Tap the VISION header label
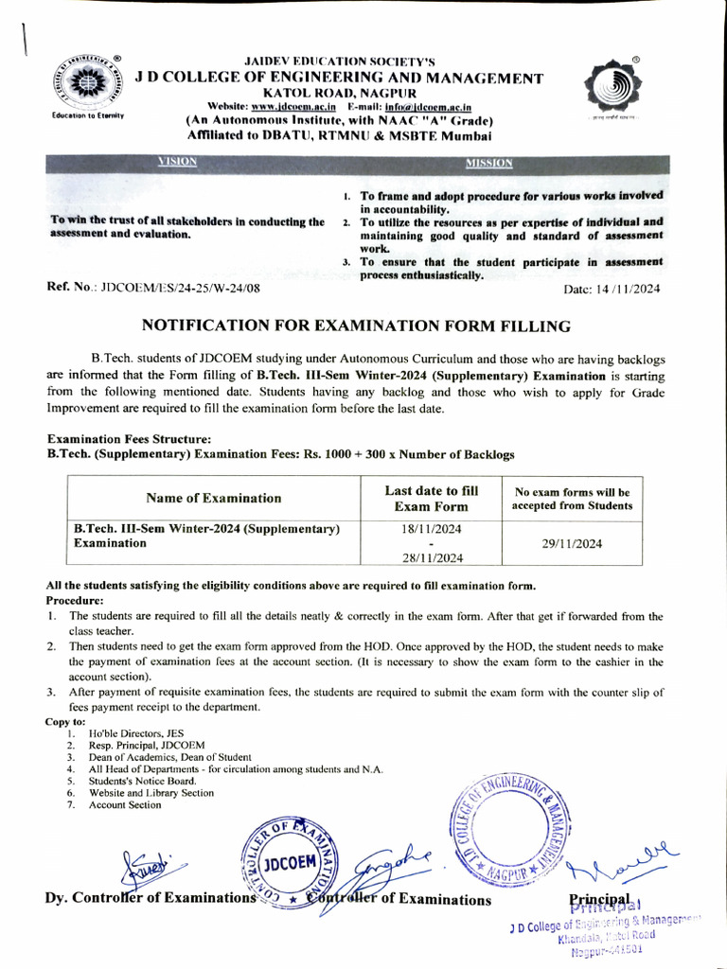178,162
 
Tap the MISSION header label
488,163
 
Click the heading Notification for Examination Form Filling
356,326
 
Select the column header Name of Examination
214,498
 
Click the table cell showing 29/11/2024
572,543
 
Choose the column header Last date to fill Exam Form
431,498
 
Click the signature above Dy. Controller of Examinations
152,865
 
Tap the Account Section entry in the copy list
125,805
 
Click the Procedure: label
75,600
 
